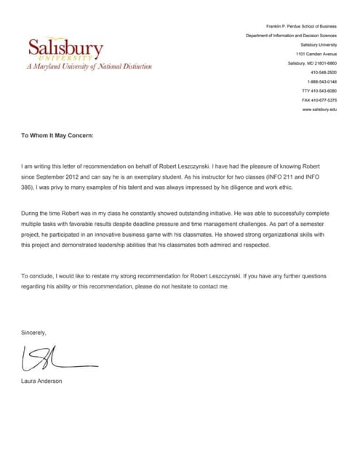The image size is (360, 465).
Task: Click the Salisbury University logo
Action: pyautogui.click(x=65, y=49)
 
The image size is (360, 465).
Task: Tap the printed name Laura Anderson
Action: pyautogui.click(x=41, y=381)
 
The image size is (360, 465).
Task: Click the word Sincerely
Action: pyautogui.click(x=33, y=332)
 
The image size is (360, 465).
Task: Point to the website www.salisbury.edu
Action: pyautogui.click(x=319, y=109)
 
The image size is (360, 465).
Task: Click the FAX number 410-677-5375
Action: pyautogui.click(x=319, y=100)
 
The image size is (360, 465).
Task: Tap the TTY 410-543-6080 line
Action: pyautogui.click(x=319, y=91)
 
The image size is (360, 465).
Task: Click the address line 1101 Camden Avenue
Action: pyautogui.click(x=316, y=54)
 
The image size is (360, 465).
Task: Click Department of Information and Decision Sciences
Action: pyautogui.click(x=291, y=35)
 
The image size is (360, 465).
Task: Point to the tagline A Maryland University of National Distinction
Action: pyautogui.click(x=89, y=67)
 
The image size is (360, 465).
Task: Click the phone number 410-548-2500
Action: pyautogui.click(x=324, y=72)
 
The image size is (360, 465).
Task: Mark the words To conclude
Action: pyautogui.click(x=36, y=276)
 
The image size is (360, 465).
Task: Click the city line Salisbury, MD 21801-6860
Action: pyautogui.click(x=312, y=63)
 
